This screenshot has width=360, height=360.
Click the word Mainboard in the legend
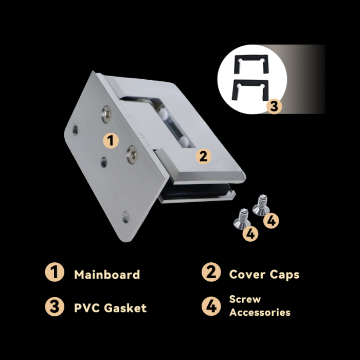[x=107, y=275]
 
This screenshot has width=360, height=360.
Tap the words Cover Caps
[x=264, y=275]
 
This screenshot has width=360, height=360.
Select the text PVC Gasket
[x=110, y=308]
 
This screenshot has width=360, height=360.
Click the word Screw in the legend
[x=245, y=299]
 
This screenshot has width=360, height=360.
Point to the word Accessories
[x=260, y=312]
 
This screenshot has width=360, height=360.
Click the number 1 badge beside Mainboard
[x=55, y=272]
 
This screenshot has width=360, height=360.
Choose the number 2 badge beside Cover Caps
[x=211, y=272]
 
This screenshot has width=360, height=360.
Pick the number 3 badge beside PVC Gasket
[x=55, y=307]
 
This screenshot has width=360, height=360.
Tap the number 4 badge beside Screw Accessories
[x=211, y=306]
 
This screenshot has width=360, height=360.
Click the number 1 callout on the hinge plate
[x=111, y=140]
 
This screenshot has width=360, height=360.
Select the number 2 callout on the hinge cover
[x=204, y=156]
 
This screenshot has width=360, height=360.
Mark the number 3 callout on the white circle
[x=274, y=106]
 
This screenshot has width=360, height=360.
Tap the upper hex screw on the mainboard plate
[x=106, y=114]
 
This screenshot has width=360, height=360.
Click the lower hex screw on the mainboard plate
[x=132, y=154]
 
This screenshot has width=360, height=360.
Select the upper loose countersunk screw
[x=261, y=206]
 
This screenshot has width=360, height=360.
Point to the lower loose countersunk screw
[x=242, y=219]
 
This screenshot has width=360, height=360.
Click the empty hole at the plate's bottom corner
[x=125, y=217]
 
